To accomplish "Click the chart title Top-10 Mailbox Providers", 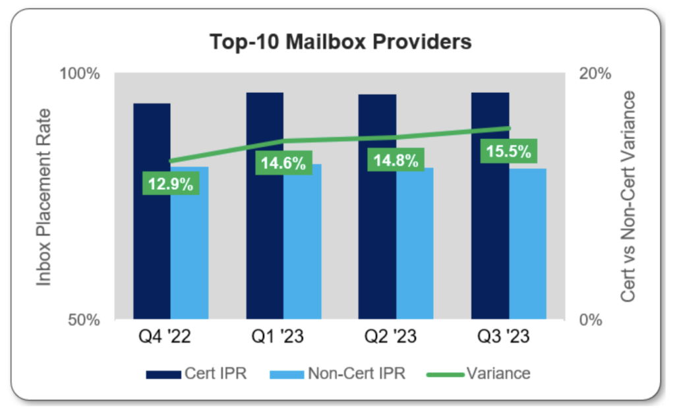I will click(340, 42).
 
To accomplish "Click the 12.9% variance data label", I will click(171, 184).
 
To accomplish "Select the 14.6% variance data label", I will click(283, 164).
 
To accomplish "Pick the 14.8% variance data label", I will click(396, 161).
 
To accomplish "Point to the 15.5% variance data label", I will click(508, 152).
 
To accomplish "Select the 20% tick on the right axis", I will click(595, 73).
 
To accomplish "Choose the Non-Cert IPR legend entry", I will click(339, 374).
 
